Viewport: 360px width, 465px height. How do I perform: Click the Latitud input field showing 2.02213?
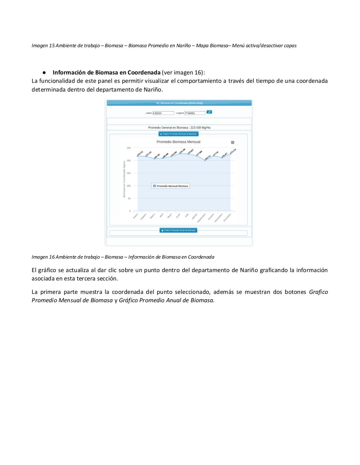163,113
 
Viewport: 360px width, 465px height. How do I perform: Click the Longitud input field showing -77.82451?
195,113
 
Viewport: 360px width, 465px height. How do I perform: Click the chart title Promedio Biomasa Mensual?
178,142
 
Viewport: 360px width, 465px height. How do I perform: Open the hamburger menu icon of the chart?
233,142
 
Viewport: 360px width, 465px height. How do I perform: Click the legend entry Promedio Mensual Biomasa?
171,186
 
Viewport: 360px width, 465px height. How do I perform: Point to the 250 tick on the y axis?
129,148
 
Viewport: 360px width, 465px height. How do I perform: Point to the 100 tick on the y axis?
129,186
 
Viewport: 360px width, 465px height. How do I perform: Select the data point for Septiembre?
205,160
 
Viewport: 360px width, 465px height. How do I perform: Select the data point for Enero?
137,156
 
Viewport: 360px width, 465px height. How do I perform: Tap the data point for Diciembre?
231,154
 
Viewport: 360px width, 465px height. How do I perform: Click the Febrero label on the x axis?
144,217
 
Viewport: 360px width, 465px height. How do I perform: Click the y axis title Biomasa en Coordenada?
124,180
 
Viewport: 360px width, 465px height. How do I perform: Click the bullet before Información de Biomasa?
44,72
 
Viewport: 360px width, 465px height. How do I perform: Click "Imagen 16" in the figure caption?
43,257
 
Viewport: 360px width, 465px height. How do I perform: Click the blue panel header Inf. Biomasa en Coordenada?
179,103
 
